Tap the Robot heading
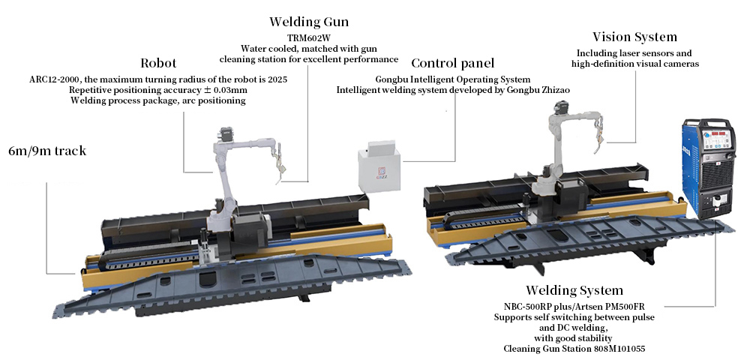pyautogui.click(x=160, y=63)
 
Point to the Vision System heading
pyautogui.click(x=634, y=37)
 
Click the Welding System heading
pyautogui.click(x=574, y=290)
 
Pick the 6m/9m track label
pyautogui.click(x=46, y=151)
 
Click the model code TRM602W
pyautogui.click(x=308, y=37)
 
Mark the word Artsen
pyautogui.click(x=597, y=306)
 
